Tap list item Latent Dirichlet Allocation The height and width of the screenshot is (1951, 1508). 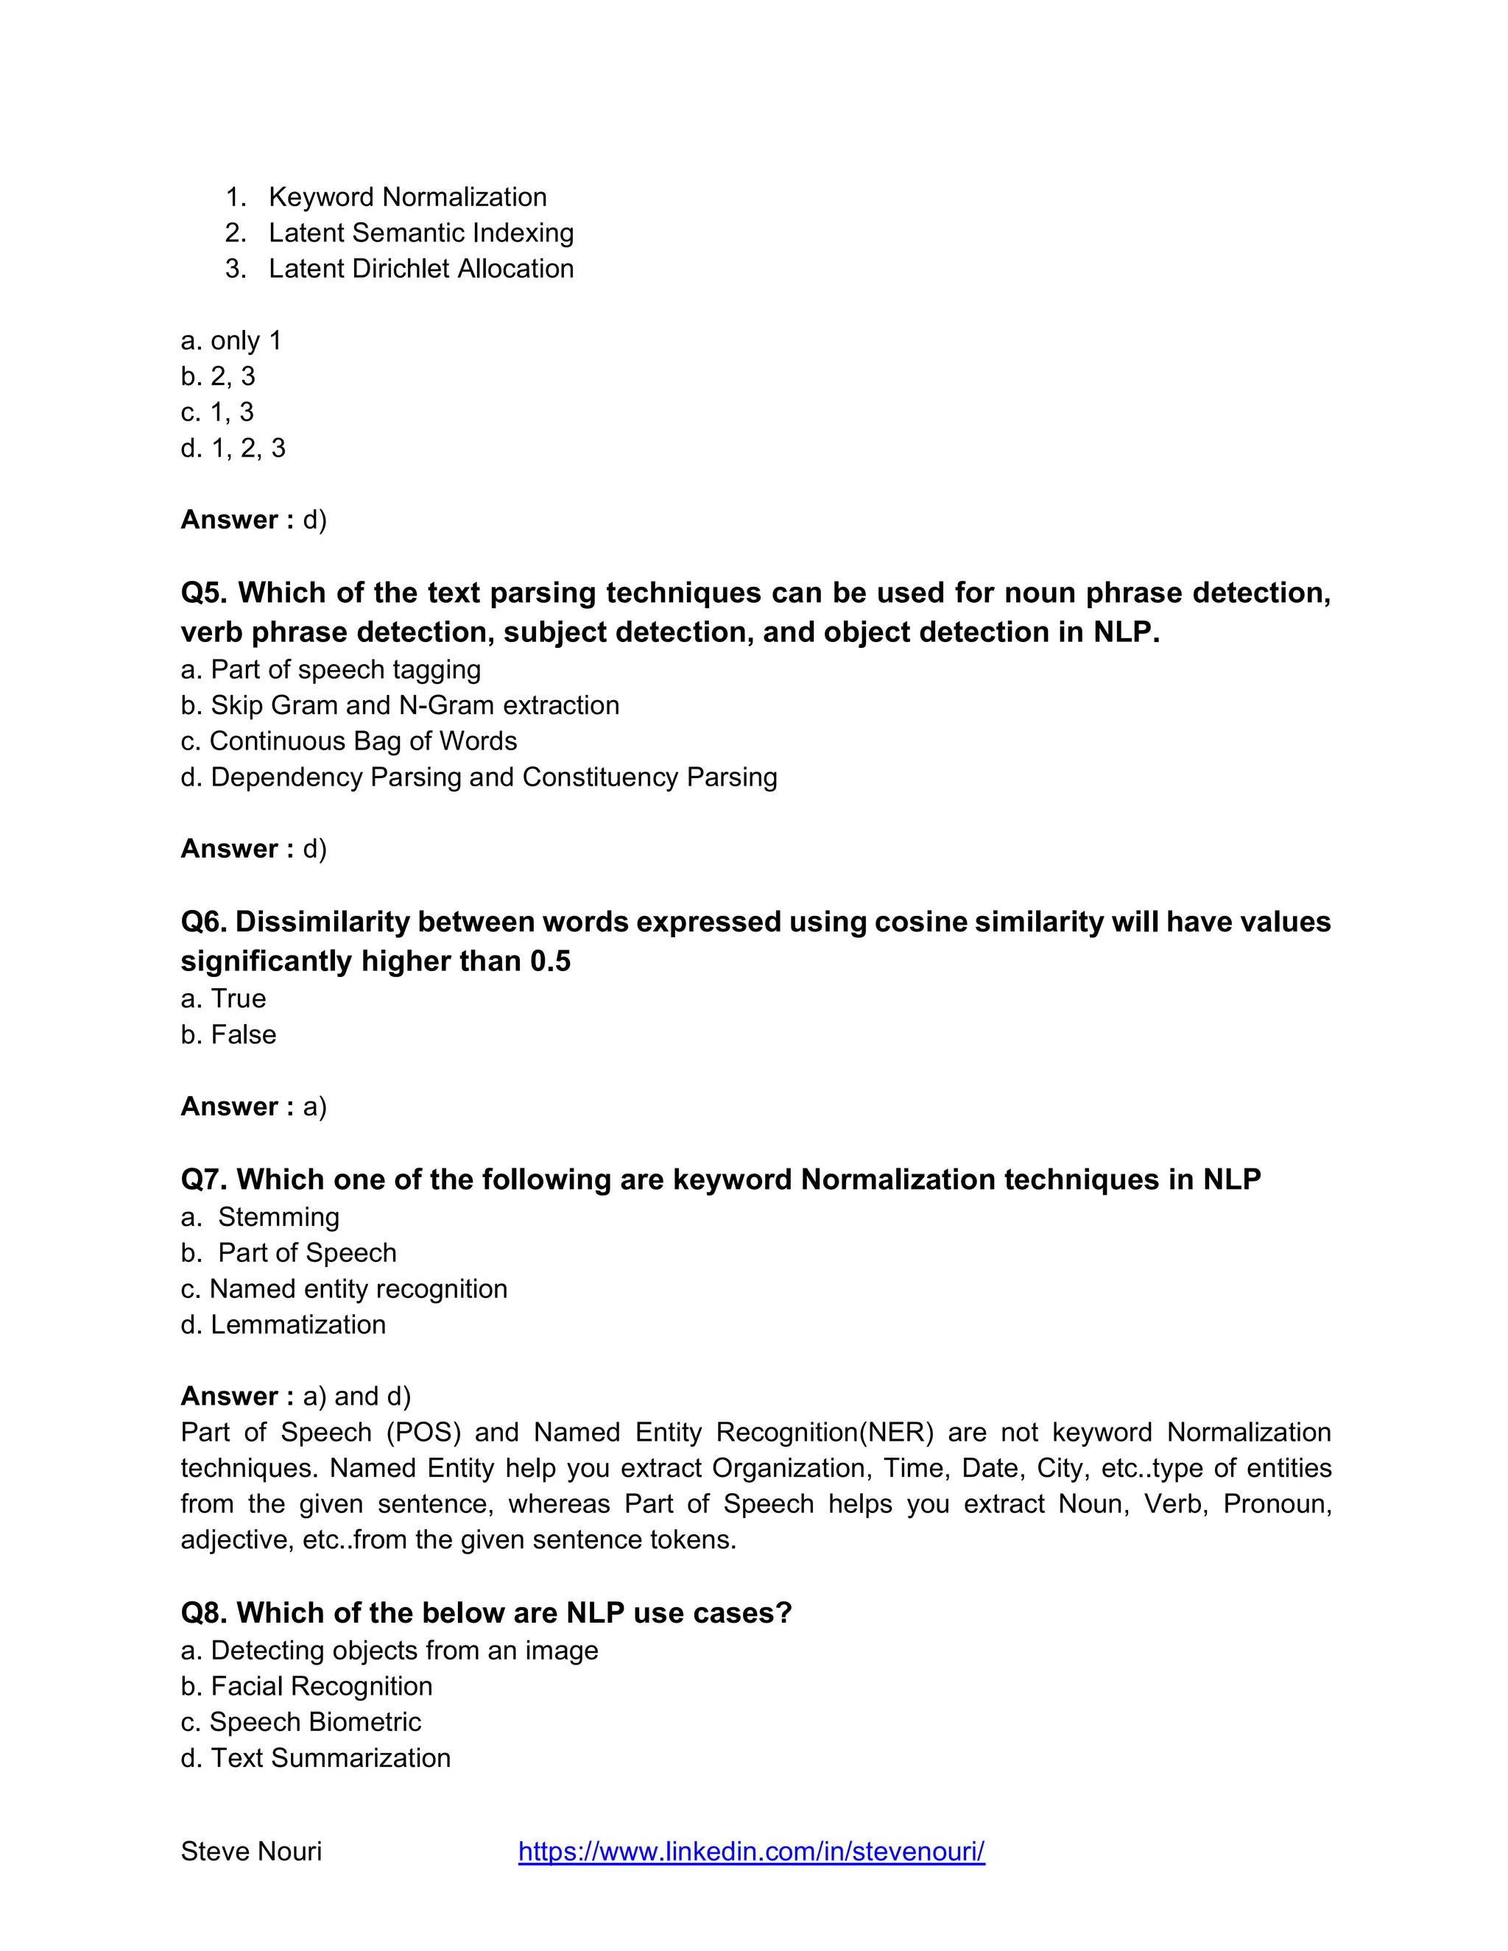point(420,268)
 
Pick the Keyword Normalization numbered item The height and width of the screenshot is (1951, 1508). point(407,197)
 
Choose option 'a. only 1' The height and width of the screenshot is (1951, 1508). point(231,340)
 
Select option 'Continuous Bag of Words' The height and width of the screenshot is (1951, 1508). point(363,741)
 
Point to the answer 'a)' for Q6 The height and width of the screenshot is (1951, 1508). point(314,1106)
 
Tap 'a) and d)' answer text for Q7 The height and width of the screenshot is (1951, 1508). point(356,1395)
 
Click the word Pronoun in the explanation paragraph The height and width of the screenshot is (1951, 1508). point(1277,1503)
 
